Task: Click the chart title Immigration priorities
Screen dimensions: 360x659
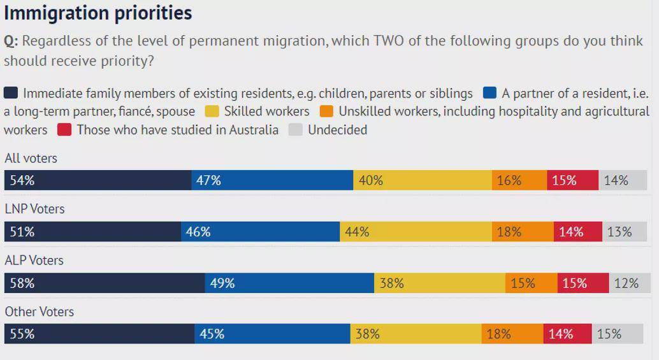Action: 98,13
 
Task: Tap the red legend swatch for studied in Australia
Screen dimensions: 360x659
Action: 64,130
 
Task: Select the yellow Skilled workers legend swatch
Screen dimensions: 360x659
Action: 212,112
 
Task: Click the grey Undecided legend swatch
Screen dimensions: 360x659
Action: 295,130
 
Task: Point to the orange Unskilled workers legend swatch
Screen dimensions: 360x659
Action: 326,112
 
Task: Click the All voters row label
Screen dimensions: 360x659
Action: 31,158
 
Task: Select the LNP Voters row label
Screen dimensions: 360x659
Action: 34,209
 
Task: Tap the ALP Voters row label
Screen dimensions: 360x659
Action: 34,260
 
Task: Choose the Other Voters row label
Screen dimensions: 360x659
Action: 39,312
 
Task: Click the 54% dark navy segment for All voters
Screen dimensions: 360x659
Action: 98,180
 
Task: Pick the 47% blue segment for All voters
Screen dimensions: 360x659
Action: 272,180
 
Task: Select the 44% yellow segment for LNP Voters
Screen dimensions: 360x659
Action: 416,232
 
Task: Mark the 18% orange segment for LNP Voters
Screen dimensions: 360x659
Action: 523,232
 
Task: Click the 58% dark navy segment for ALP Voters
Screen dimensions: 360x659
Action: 105,283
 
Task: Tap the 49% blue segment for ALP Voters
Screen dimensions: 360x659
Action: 289,283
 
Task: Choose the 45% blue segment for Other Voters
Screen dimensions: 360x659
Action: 272,334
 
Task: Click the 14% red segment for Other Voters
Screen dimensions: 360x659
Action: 567,334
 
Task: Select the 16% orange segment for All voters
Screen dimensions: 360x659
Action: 519,180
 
